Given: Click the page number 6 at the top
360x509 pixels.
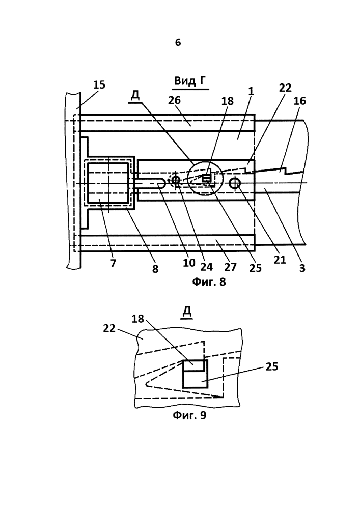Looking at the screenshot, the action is point(178,43).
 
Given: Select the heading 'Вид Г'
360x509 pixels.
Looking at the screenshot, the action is point(190,81).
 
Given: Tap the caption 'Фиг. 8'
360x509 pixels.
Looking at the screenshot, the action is point(209,281).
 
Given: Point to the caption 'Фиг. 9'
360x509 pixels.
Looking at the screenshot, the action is point(189,415).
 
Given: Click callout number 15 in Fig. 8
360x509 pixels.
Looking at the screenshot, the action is point(99,84).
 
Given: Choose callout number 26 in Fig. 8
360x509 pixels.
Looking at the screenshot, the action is point(174,100).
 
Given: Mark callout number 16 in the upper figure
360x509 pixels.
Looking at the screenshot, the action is point(299,101).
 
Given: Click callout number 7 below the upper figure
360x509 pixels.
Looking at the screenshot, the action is point(113,263).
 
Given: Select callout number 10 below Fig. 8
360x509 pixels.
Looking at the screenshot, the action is point(189,263).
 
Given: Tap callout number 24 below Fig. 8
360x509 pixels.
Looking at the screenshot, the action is point(206,267).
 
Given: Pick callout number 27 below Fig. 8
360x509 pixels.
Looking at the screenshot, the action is point(230,267).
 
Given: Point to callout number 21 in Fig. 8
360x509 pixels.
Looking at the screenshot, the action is point(280,260).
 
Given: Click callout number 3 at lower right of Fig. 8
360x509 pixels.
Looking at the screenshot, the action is point(302,268).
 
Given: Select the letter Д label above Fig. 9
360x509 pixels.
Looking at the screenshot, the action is point(187,312).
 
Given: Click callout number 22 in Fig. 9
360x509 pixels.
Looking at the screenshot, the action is point(109,328).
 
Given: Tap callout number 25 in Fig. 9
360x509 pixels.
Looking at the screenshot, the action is point(272,366).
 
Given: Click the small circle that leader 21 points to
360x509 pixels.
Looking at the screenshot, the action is point(234,184).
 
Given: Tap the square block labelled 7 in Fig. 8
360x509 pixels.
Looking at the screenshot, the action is point(108,184).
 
